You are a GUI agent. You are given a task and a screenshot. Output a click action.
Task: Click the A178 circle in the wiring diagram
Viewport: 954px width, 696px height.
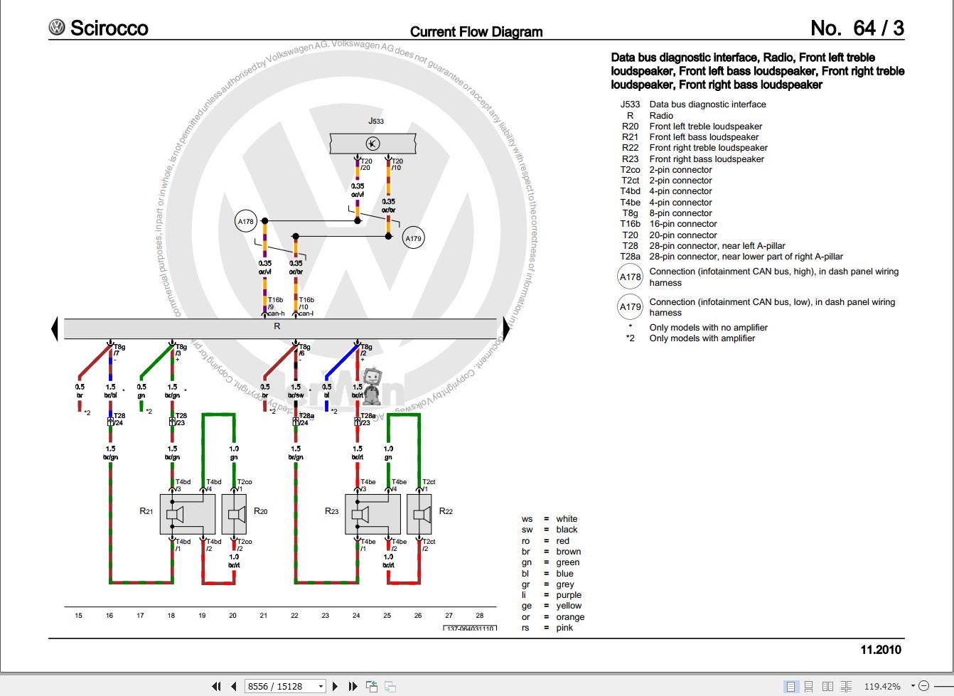tap(245, 221)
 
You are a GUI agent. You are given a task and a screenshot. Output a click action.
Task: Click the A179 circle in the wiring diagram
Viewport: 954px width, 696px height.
tap(413, 238)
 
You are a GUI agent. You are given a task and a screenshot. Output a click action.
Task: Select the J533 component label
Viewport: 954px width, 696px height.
tap(375, 121)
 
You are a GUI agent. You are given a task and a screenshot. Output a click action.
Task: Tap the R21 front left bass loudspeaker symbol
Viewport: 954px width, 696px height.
tap(188, 514)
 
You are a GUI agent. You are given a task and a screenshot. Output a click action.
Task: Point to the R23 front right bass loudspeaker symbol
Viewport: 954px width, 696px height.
tap(373, 514)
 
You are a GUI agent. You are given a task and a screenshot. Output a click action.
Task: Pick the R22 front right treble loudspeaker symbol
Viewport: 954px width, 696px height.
tap(419, 514)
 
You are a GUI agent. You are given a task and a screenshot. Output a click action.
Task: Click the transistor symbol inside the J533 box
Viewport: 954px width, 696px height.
tap(373, 144)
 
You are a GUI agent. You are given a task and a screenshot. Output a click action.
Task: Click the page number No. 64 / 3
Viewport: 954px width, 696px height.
tap(857, 28)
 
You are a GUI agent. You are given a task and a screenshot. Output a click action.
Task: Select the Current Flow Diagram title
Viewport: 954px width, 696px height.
tap(476, 32)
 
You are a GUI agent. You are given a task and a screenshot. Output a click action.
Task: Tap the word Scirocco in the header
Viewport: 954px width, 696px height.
tap(109, 28)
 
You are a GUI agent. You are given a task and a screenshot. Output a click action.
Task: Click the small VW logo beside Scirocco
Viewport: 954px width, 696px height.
tap(57, 28)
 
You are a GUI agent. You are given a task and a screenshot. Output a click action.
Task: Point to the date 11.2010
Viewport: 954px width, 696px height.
tap(880, 649)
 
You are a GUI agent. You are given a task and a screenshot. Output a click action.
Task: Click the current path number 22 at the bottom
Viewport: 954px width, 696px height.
tap(294, 616)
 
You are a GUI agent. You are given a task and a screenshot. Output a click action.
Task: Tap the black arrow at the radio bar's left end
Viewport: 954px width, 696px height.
tap(54, 329)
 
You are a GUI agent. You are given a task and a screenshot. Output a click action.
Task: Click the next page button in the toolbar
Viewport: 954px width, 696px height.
tap(336, 686)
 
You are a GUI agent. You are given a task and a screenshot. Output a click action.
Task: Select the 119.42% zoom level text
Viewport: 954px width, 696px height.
tap(881, 686)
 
